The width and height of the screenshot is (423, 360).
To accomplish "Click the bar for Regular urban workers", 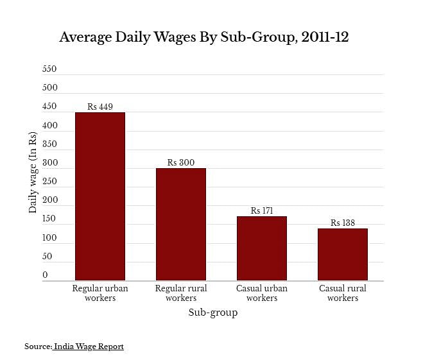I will click(100, 196).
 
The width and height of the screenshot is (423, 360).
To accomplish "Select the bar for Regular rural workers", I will click(181, 224).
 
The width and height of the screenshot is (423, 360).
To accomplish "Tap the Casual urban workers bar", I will click(262, 248).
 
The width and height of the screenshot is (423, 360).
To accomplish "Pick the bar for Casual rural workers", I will click(343, 254).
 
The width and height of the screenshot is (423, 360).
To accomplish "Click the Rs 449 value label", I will click(100, 107).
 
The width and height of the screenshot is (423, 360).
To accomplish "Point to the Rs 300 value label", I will click(181, 163).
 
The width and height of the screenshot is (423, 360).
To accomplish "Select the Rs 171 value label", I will click(262, 210).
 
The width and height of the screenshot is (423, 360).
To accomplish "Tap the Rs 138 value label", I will click(343, 223).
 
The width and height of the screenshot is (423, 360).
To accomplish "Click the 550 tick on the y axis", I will click(49, 69).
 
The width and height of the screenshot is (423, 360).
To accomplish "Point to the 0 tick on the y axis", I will click(45, 275).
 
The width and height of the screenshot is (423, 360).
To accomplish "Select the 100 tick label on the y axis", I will click(49, 238).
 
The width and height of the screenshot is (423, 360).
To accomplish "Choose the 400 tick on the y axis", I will click(49, 125).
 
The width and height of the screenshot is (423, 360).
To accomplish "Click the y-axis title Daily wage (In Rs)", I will click(32, 172).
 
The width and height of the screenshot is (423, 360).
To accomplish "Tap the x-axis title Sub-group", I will click(213, 313).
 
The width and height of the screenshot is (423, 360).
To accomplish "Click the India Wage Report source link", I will click(89, 347).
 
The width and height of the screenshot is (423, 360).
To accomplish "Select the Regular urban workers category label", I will click(100, 293).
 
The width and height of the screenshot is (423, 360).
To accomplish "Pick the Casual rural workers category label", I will click(343, 293).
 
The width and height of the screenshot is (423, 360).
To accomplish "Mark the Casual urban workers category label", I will click(262, 293).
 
